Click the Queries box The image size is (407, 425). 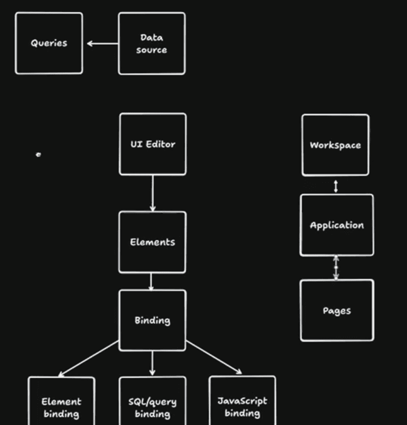[x=49, y=43]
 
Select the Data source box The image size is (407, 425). [x=151, y=43]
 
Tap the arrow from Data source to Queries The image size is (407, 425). [x=102, y=44]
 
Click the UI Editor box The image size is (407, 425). [x=152, y=144]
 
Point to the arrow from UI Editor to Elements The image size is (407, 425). [x=152, y=193]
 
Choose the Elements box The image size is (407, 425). [x=152, y=242]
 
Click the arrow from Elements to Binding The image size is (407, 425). [x=152, y=282]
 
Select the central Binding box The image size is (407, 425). [x=152, y=320]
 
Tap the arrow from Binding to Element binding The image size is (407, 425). [x=89, y=358]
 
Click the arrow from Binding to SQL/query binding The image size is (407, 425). [x=152, y=363]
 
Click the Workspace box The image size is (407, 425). [x=335, y=145]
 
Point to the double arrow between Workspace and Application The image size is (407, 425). [x=335, y=186]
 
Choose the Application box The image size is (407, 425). [x=337, y=225]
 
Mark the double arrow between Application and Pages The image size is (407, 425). [x=335, y=268]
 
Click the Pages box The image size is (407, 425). [x=337, y=311]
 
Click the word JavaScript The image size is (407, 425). [x=242, y=401]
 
